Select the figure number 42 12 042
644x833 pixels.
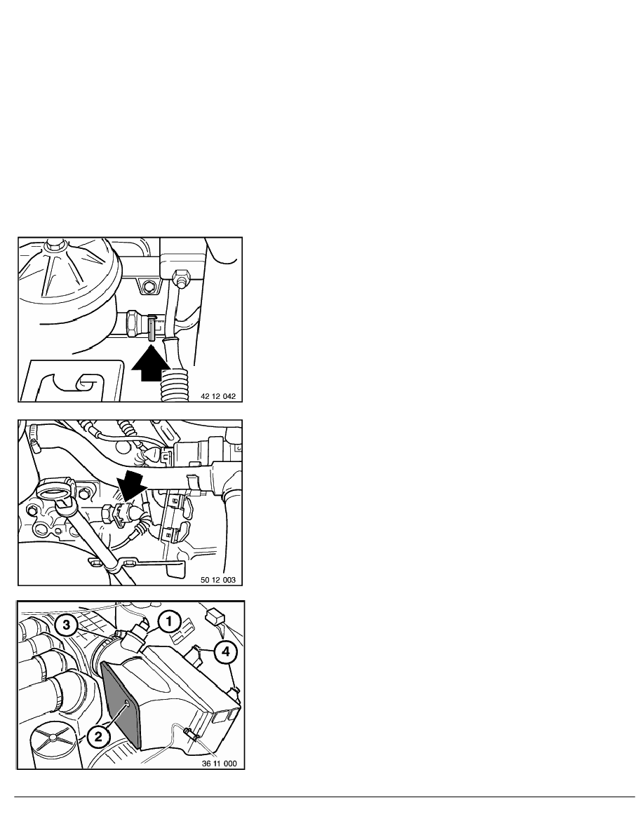(218, 396)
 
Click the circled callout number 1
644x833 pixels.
(169, 621)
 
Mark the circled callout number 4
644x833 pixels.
(224, 653)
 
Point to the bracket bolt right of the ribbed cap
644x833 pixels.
(148, 287)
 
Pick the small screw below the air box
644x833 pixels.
(189, 733)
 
